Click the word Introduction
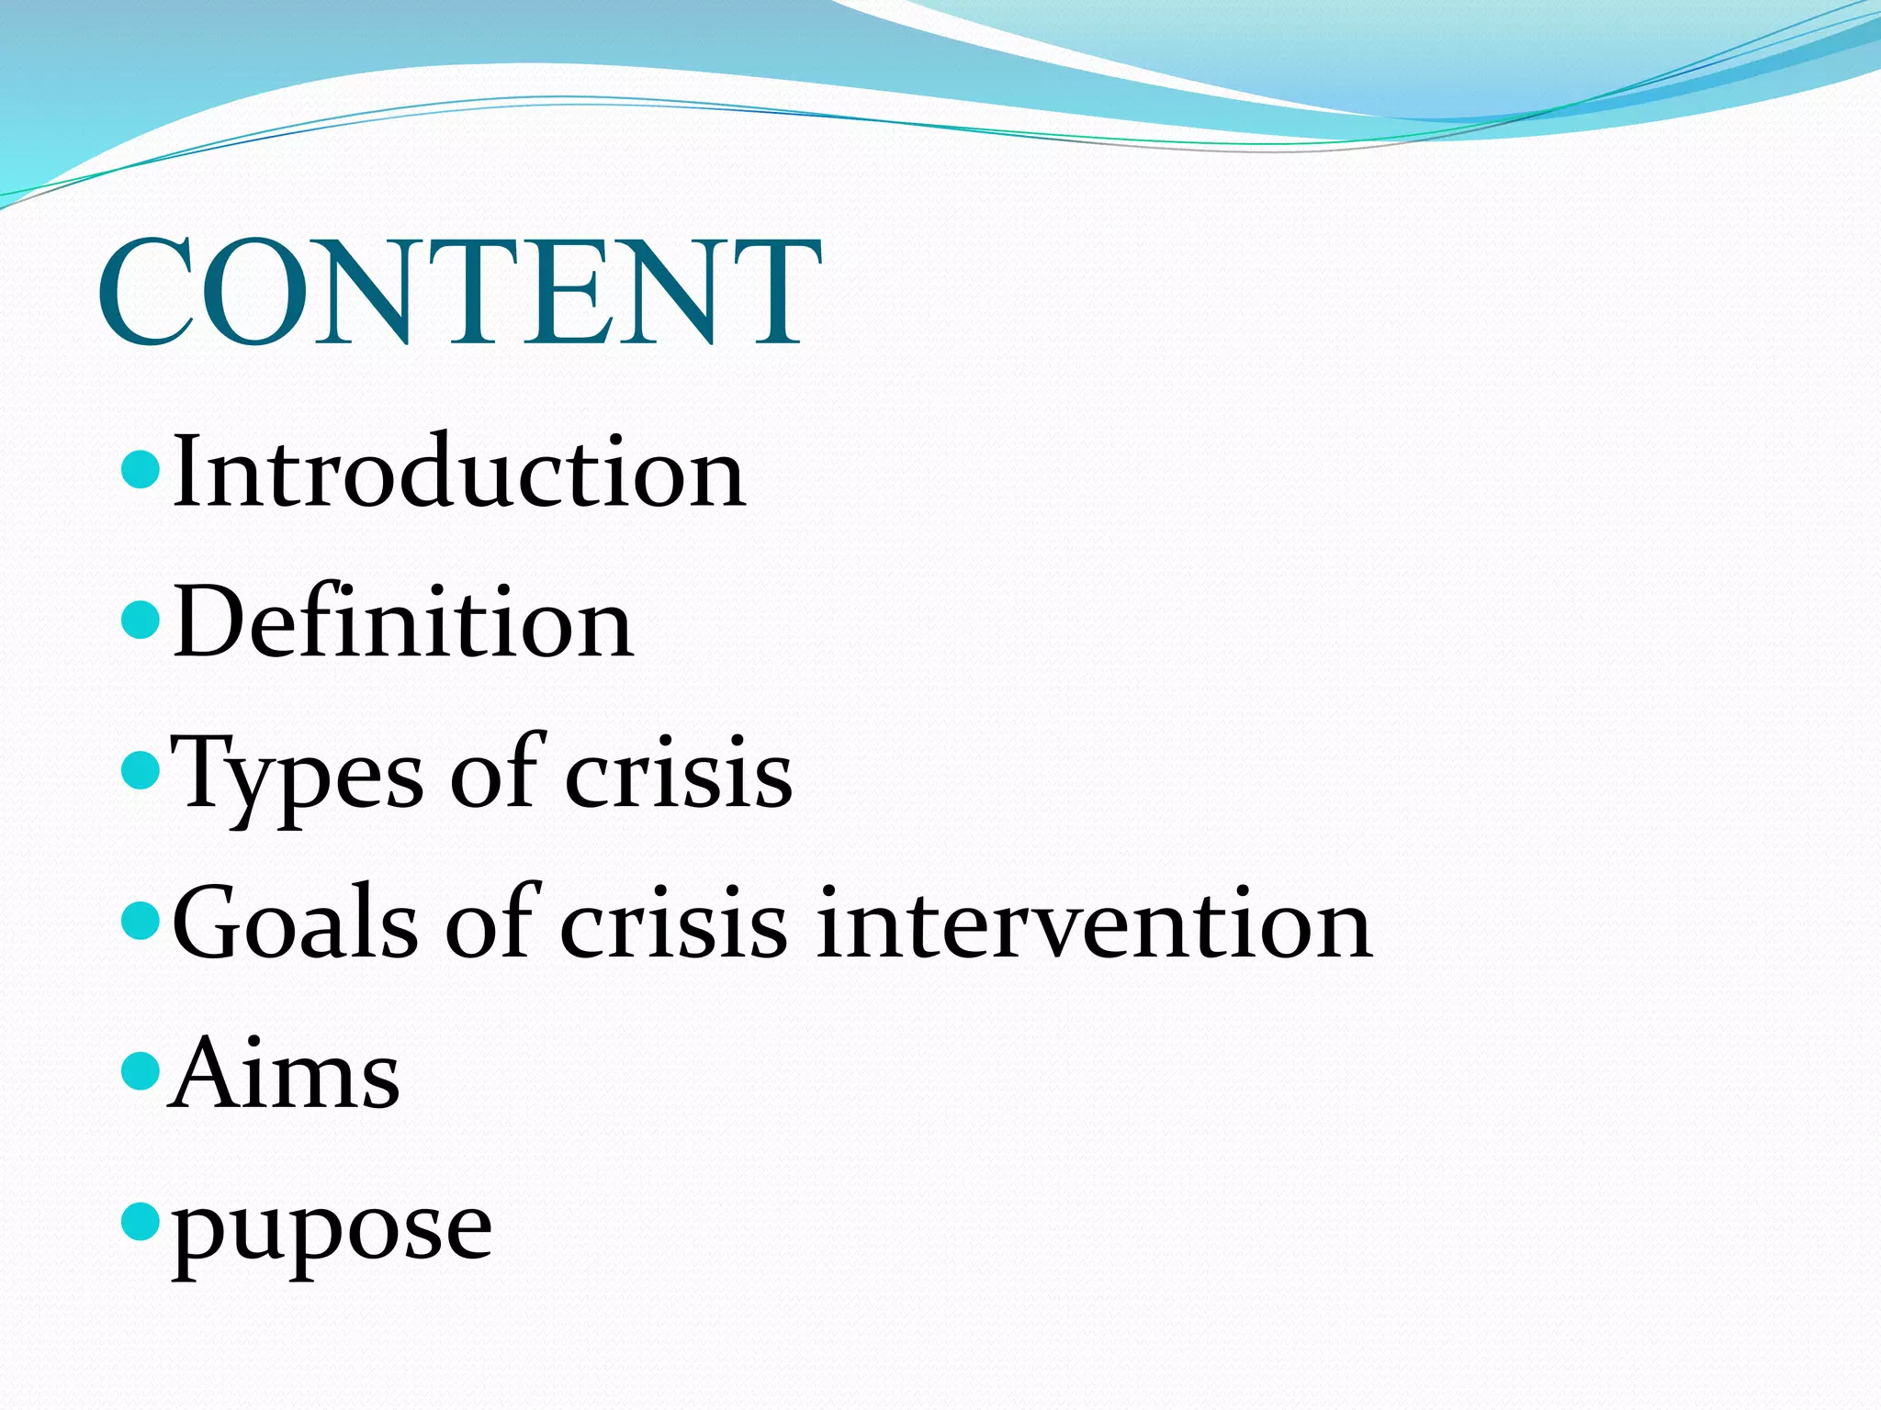[x=458, y=473]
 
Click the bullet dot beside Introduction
[x=141, y=469]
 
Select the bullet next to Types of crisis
[x=141, y=770]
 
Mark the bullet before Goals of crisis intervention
[x=141, y=921]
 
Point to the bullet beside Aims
[x=141, y=1070]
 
